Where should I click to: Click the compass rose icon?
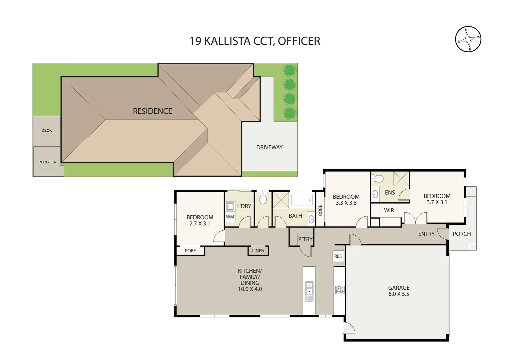click(468, 39)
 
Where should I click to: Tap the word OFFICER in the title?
click(299, 41)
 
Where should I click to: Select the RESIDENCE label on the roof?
click(152, 111)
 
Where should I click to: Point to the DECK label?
click(47, 130)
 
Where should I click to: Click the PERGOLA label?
click(47, 162)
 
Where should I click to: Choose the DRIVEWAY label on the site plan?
click(269, 147)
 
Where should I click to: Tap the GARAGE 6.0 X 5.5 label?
click(398, 291)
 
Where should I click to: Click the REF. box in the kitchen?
click(338, 256)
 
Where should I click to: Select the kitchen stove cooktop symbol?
click(339, 290)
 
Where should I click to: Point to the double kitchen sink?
click(309, 288)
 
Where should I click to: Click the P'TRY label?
click(305, 239)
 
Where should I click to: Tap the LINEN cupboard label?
click(258, 251)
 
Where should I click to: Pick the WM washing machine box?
click(230, 217)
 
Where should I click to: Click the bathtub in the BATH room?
click(301, 200)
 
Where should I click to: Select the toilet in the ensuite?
click(378, 179)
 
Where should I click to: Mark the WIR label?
click(389, 210)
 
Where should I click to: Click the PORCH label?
click(462, 234)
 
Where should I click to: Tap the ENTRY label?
click(426, 234)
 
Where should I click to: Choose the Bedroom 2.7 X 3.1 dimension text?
click(200, 224)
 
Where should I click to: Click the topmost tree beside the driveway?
click(289, 70)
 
